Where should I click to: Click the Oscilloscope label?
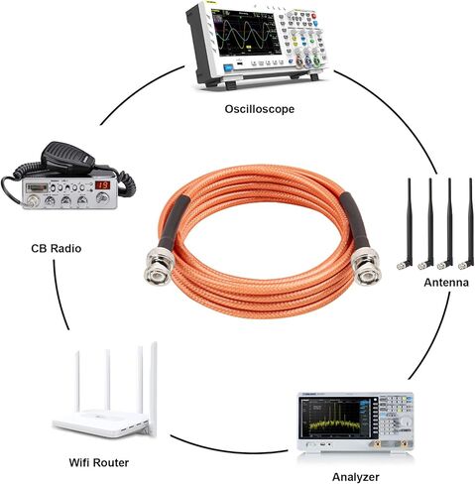coord(260,109)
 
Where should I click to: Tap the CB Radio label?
coord(57,248)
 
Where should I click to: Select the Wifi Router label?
coord(99,462)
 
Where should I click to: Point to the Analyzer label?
coord(356,477)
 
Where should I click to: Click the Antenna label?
coord(446,283)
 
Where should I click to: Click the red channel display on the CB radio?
coord(102,184)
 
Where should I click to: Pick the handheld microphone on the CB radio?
coord(67,158)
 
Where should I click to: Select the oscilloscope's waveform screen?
coord(245,32)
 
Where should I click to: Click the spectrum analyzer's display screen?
coord(334,418)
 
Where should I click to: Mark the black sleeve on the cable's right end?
coord(355,220)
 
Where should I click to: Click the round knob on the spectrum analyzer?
coord(406,423)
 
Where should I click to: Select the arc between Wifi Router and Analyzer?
coord(228,447)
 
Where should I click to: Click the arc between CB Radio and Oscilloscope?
coord(139,90)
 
